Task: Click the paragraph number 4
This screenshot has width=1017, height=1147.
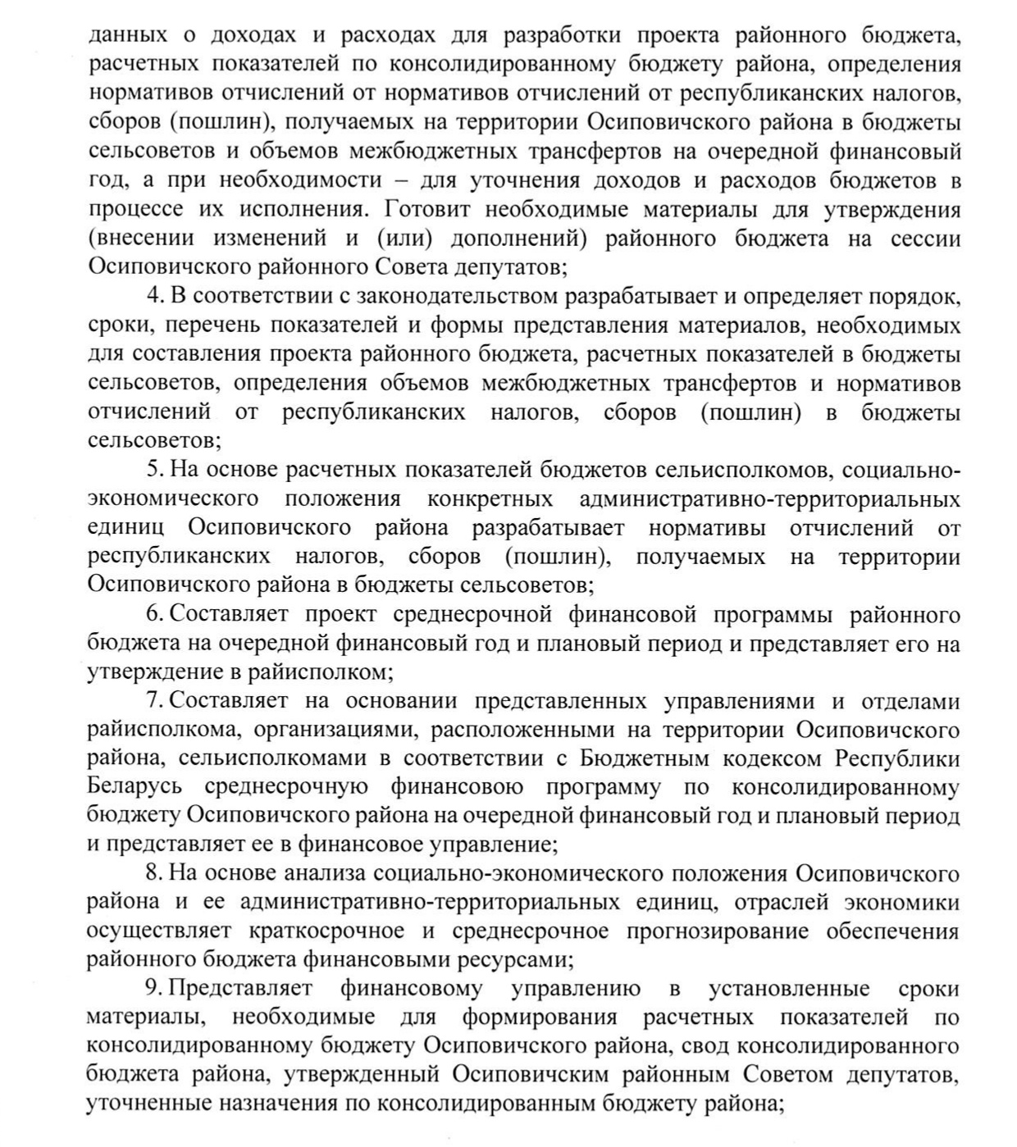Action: click(x=152, y=296)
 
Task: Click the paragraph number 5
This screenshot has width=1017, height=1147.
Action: click(x=152, y=470)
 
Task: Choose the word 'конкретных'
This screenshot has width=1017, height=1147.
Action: click(x=490, y=499)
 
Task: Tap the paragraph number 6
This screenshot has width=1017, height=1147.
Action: click(x=152, y=615)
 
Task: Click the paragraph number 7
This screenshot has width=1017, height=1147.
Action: click(x=152, y=702)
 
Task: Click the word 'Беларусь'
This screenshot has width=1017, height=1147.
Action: click(x=134, y=788)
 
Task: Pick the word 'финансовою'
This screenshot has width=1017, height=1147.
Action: click(x=457, y=788)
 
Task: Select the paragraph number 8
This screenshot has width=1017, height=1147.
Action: click(x=152, y=874)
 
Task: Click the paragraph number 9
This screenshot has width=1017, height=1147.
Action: click(x=152, y=990)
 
